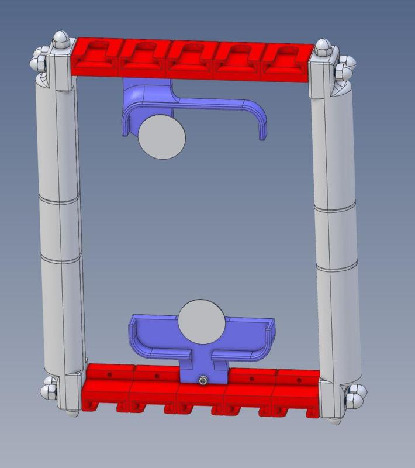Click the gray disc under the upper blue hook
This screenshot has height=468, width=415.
162,136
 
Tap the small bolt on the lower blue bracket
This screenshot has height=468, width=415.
202,381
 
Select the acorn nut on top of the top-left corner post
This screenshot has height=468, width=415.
60,40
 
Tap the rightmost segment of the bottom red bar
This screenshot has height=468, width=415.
295,394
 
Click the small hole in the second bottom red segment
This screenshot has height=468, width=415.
155,377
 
